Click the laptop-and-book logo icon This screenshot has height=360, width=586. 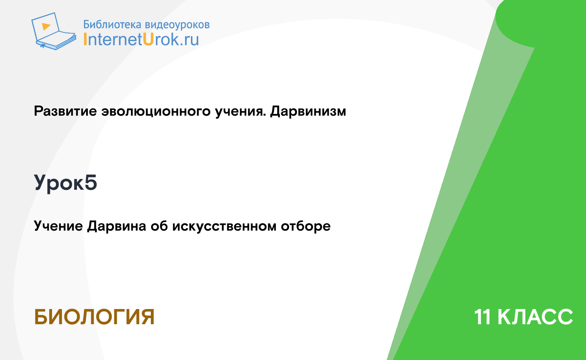(x=54, y=31)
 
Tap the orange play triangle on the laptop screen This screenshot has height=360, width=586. (x=46, y=26)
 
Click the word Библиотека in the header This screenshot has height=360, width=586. (x=112, y=25)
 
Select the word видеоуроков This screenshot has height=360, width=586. (x=177, y=25)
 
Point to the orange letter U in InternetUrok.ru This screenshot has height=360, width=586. (x=148, y=39)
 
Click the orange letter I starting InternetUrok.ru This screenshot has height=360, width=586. (x=85, y=39)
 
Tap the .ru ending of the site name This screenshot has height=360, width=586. (x=189, y=40)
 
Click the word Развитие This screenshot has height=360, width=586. (x=65, y=111)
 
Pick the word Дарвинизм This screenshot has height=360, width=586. (x=308, y=111)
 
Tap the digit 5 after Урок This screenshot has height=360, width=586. (x=91, y=182)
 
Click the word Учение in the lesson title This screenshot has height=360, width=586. (x=58, y=226)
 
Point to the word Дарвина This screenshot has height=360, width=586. (x=116, y=226)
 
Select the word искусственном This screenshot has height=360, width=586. (x=224, y=226)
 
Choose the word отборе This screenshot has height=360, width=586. (x=306, y=226)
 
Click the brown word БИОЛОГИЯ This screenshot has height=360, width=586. (x=94, y=317)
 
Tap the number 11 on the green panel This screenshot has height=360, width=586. (x=483, y=317)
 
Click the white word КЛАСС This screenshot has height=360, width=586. (x=535, y=317)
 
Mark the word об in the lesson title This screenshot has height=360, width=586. (x=159, y=226)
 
